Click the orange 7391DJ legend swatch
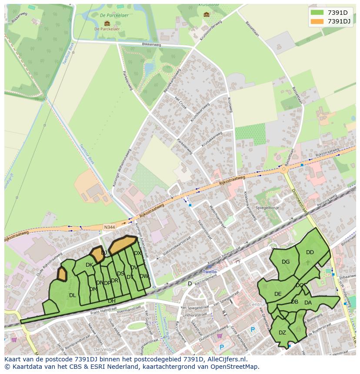[x=317, y=21]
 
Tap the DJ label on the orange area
[x=104, y=252]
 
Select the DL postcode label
[x=73, y=295]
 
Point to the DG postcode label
[x=286, y=262]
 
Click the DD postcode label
[x=310, y=252]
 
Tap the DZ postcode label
[x=283, y=333]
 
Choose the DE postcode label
[x=278, y=294]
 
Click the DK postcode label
[x=89, y=265]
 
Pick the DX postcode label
[x=137, y=253]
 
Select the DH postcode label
[x=112, y=301]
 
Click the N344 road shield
[x=110, y=227]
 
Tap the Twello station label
[x=210, y=271]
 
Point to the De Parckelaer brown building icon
[x=107, y=23]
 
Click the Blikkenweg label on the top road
[x=151, y=44]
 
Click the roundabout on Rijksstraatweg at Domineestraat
[x=285, y=170]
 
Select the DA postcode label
[x=308, y=303]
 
